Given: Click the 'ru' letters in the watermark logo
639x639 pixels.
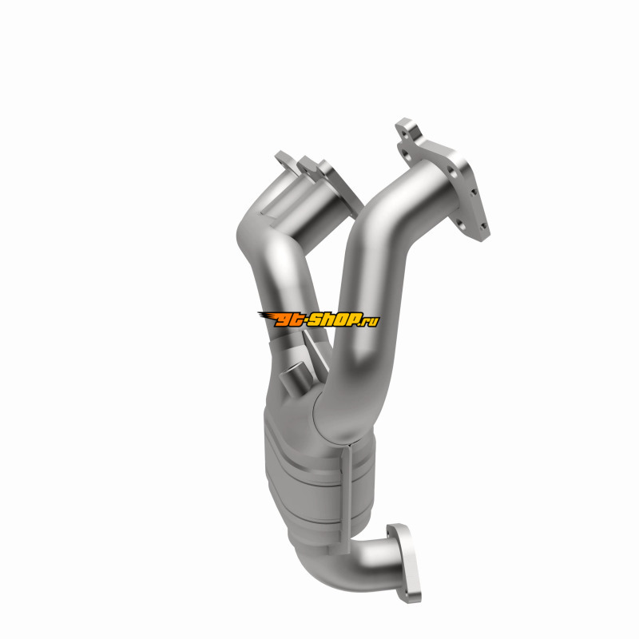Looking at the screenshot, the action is tap(372, 322).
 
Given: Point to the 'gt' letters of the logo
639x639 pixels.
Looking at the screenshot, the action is tap(288, 320).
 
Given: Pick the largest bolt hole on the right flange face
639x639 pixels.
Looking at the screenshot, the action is tap(451, 172).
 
